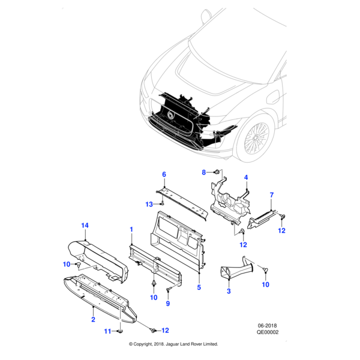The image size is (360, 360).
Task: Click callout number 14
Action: point(85,225)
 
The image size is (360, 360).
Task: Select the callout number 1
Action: point(131,229)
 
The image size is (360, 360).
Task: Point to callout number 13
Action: point(148,204)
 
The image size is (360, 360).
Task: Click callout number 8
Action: point(203,172)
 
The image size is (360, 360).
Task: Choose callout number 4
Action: point(245,178)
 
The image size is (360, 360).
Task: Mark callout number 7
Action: point(271,195)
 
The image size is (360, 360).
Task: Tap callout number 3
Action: point(228,292)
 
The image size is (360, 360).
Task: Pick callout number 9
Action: point(168,304)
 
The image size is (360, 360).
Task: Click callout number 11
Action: point(107,331)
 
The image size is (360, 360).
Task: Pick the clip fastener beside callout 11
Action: point(119,330)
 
